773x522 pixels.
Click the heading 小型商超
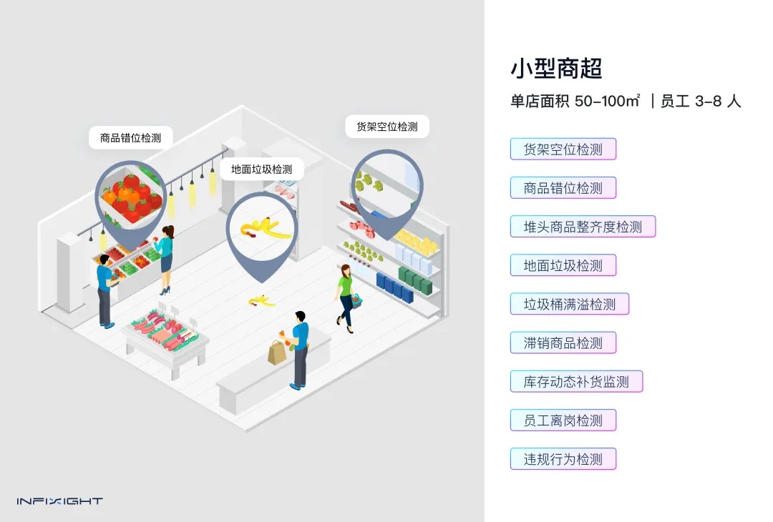(x=556, y=69)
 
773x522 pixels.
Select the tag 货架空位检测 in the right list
(x=563, y=149)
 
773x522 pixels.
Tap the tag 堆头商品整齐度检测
(x=583, y=227)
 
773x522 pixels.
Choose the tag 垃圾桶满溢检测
(x=569, y=304)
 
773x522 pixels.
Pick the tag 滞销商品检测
(x=563, y=343)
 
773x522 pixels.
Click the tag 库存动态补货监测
(x=576, y=381)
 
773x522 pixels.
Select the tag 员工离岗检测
(x=563, y=420)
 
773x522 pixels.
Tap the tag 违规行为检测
(x=563, y=458)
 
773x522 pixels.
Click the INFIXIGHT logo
(x=59, y=501)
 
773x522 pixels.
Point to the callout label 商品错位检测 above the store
(x=130, y=138)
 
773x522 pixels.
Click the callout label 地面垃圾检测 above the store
(x=261, y=169)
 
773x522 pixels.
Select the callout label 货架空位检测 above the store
(x=386, y=127)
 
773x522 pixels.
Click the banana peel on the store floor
(x=261, y=301)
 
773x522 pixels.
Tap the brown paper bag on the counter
(x=277, y=351)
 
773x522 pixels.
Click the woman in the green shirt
(x=346, y=293)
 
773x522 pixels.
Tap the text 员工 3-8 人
(x=700, y=102)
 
